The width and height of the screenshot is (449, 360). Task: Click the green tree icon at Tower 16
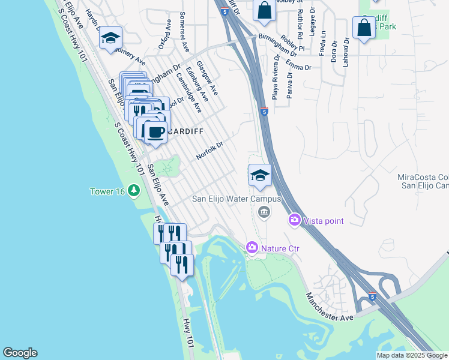coord(133,191)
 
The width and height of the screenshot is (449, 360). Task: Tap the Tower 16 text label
coord(107,191)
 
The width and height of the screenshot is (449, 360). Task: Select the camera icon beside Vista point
coord(295,221)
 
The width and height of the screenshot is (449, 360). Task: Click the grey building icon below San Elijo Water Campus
coord(263,212)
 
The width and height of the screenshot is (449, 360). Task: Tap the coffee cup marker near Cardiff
coord(155,131)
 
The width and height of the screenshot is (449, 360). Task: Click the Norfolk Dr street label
coord(209,151)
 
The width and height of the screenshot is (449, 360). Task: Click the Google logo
coord(20,353)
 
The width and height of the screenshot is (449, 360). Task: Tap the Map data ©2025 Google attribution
coord(412,355)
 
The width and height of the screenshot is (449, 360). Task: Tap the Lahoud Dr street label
coord(346,53)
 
